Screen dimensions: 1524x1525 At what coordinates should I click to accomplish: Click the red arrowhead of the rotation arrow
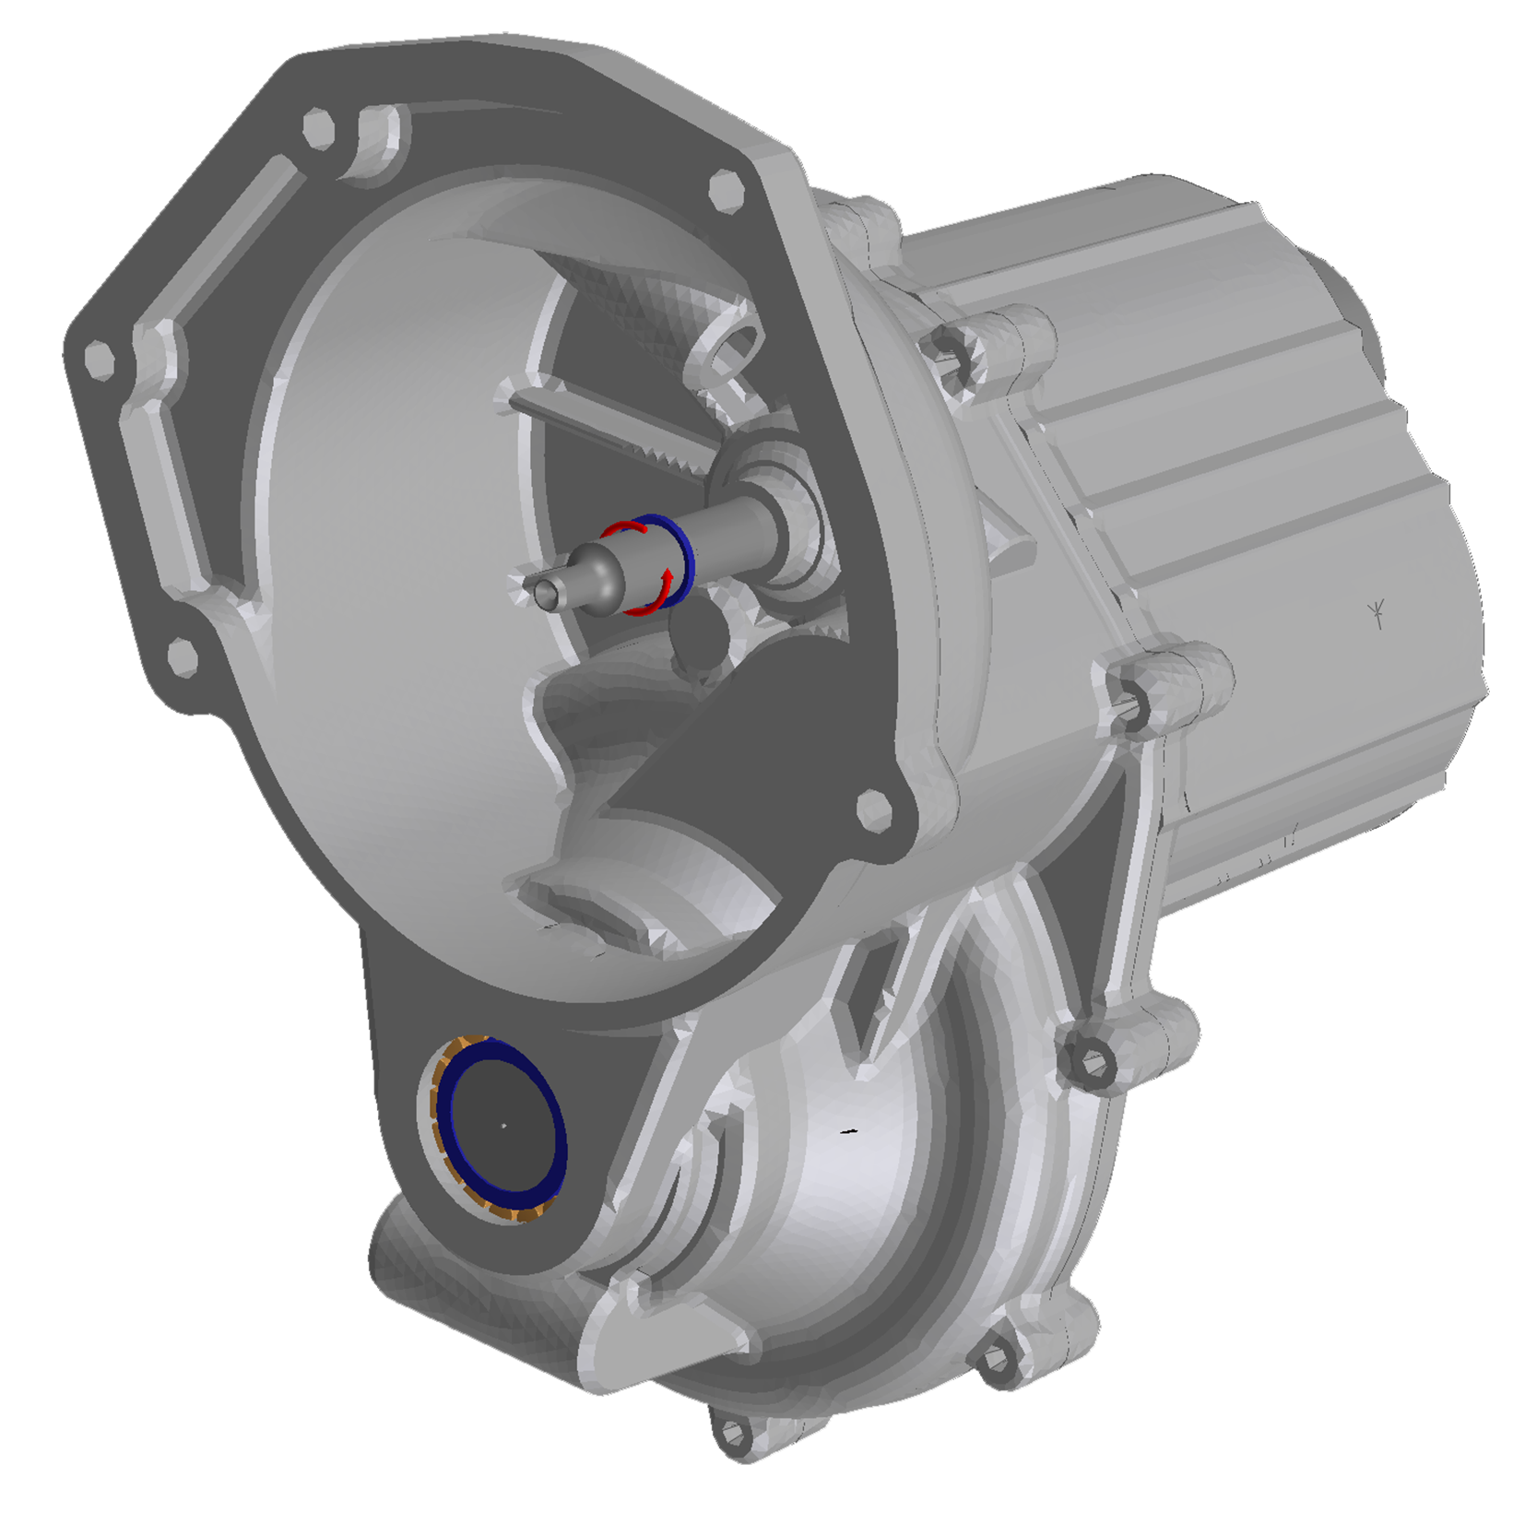point(666,578)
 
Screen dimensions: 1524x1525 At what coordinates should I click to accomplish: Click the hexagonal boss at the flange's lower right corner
point(873,809)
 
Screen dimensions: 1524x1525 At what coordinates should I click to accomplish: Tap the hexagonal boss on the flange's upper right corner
point(727,189)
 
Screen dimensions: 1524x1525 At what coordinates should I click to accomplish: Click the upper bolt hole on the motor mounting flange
point(952,348)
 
